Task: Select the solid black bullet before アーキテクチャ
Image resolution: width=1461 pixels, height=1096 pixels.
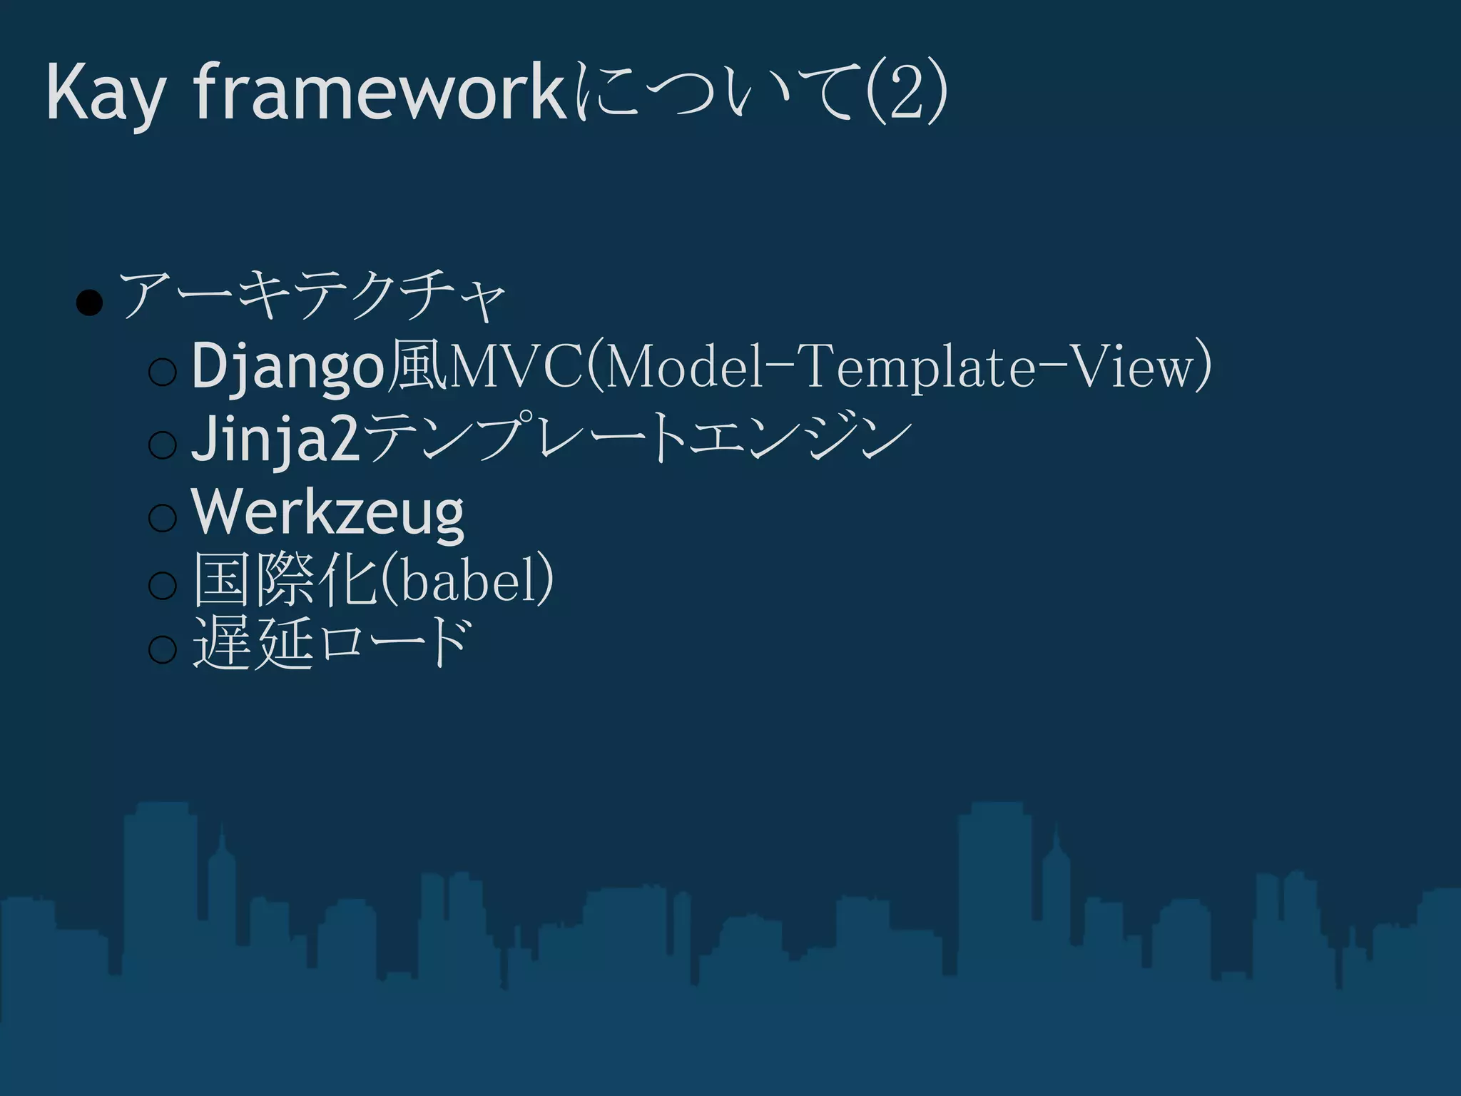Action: (89, 303)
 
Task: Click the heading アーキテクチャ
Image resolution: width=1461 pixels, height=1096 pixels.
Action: (312, 295)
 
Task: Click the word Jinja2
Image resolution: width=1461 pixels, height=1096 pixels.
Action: (275, 439)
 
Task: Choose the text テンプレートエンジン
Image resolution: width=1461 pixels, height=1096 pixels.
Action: (639, 436)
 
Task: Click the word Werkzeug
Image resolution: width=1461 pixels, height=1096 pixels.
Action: (328, 512)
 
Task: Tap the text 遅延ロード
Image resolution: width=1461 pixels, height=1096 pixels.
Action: (332, 643)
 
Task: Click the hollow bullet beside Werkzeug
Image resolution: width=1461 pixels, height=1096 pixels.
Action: (163, 517)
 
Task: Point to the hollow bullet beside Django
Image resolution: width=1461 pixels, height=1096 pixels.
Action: (163, 372)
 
